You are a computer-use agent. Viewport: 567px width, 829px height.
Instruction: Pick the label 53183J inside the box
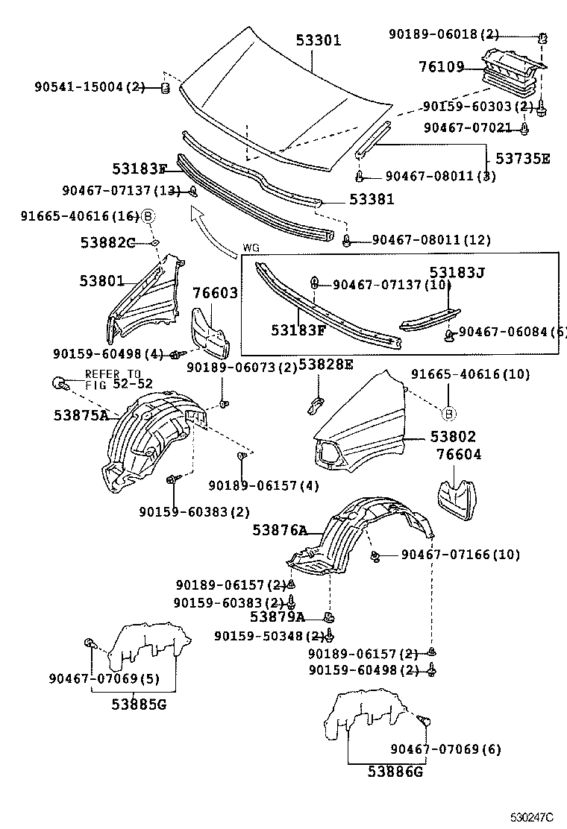[457, 273]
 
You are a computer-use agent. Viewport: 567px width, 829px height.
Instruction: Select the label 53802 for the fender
[452, 438]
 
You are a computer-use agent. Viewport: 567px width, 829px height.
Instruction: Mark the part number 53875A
[81, 415]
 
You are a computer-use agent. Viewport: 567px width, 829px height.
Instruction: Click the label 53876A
[280, 530]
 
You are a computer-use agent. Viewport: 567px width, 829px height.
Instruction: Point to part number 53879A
[277, 617]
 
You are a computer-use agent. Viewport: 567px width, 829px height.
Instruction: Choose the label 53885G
[140, 703]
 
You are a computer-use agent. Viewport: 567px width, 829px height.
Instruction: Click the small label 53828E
[326, 365]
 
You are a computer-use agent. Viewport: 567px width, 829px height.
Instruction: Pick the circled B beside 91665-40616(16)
[148, 216]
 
